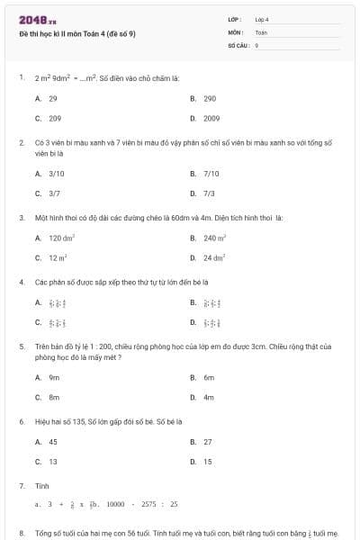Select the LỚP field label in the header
pyautogui.click(x=235, y=19)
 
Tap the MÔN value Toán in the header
pyautogui.click(x=261, y=31)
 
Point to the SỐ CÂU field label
pyautogui.click(x=237, y=44)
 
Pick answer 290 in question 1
pyautogui.click(x=210, y=98)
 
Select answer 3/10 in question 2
pyautogui.click(x=56, y=174)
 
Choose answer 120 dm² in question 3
pyautogui.click(x=61, y=238)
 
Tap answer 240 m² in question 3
pyautogui.click(x=214, y=238)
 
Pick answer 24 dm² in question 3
pyautogui.click(x=214, y=257)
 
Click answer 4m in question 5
pyautogui.click(x=208, y=397)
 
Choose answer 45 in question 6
pyautogui.click(x=53, y=442)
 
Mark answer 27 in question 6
pyautogui.click(x=208, y=442)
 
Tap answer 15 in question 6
pyautogui.click(x=208, y=462)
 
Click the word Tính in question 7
pyautogui.click(x=41, y=485)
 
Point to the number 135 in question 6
pyautogui.click(x=80, y=420)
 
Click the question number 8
pyautogui.click(x=22, y=534)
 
